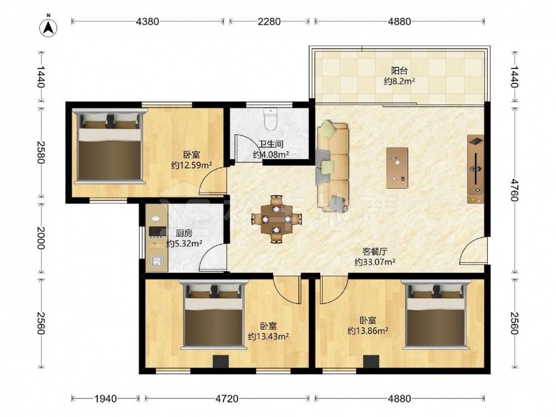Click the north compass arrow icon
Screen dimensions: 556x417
click(x=49, y=26)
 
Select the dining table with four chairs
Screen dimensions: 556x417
click(x=276, y=219)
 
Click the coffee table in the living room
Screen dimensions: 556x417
click(x=397, y=168)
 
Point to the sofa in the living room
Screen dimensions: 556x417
click(x=332, y=166)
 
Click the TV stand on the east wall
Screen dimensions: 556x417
click(x=475, y=169)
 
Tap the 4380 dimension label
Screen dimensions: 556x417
click(x=147, y=22)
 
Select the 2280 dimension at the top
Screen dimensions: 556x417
click(x=269, y=22)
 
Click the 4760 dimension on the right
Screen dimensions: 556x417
click(x=515, y=190)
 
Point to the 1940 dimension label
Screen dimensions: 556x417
click(x=106, y=399)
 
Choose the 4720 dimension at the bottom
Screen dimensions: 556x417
click(x=227, y=399)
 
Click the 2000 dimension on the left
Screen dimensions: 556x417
click(x=41, y=238)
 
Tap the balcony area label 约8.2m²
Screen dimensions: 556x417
click(x=400, y=82)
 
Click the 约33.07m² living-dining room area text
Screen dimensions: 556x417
click(x=375, y=262)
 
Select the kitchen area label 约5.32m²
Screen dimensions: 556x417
click(x=185, y=244)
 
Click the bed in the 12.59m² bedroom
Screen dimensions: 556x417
click(x=110, y=146)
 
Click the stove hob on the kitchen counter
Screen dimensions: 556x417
click(x=158, y=231)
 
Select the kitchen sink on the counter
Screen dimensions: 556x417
click(x=157, y=261)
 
